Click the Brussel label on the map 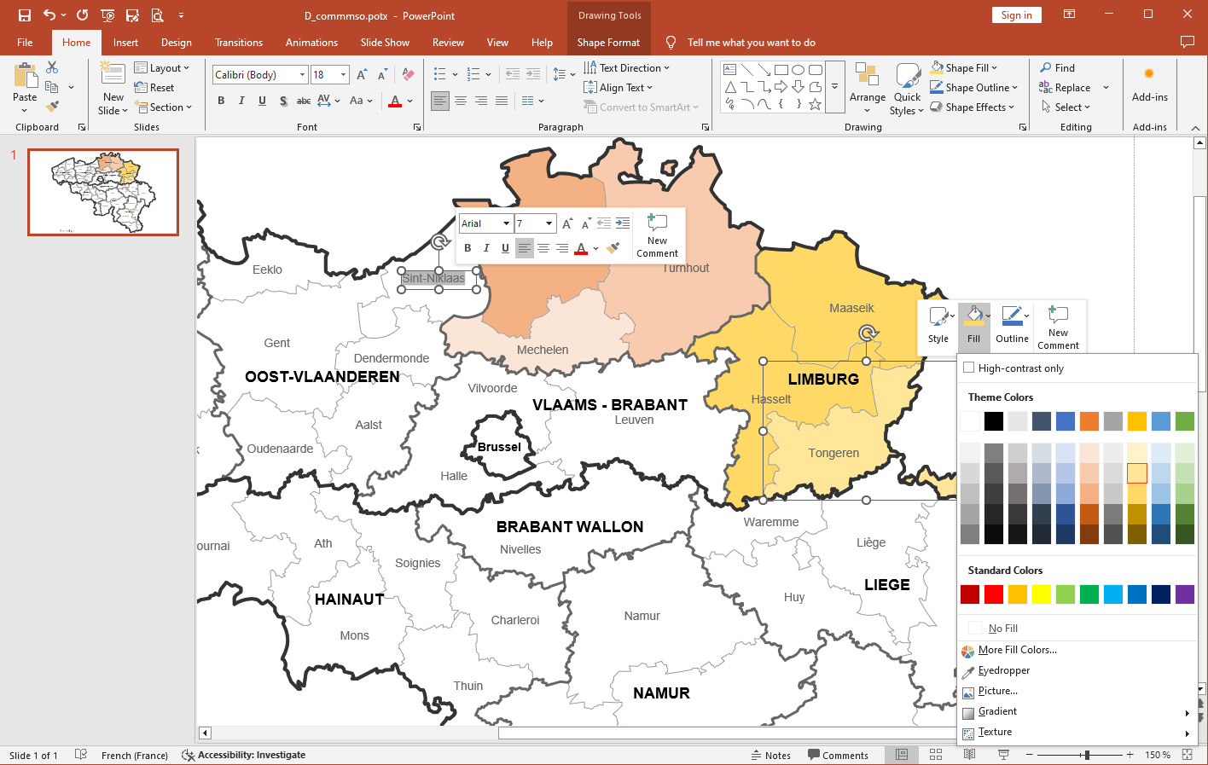pyautogui.click(x=499, y=447)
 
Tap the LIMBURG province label pyautogui.click(x=823, y=380)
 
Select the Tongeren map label pyautogui.click(x=833, y=453)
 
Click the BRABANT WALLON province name pyautogui.click(x=570, y=527)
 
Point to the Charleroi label pyautogui.click(x=515, y=620)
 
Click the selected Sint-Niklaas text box pyautogui.click(x=433, y=278)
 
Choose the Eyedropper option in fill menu pyautogui.click(x=1003, y=670)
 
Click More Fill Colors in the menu pyautogui.click(x=1017, y=650)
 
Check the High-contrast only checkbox pyautogui.click(x=969, y=368)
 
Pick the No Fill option pyautogui.click(x=1002, y=629)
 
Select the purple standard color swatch pyautogui.click(x=1185, y=594)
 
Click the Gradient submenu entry pyautogui.click(x=997, y=711)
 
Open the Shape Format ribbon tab pyautogui.click(x=608, y=43)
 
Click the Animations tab pyautogui.click(x=311, y=43)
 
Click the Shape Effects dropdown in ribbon pyautogui.click(x=973, y=107)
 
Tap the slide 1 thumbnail pyautogui.click(x=103, y=192)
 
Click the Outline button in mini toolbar pyautogui.click(x=1012, y=325)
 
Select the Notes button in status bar pyautogui.click(x=771, y=755)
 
